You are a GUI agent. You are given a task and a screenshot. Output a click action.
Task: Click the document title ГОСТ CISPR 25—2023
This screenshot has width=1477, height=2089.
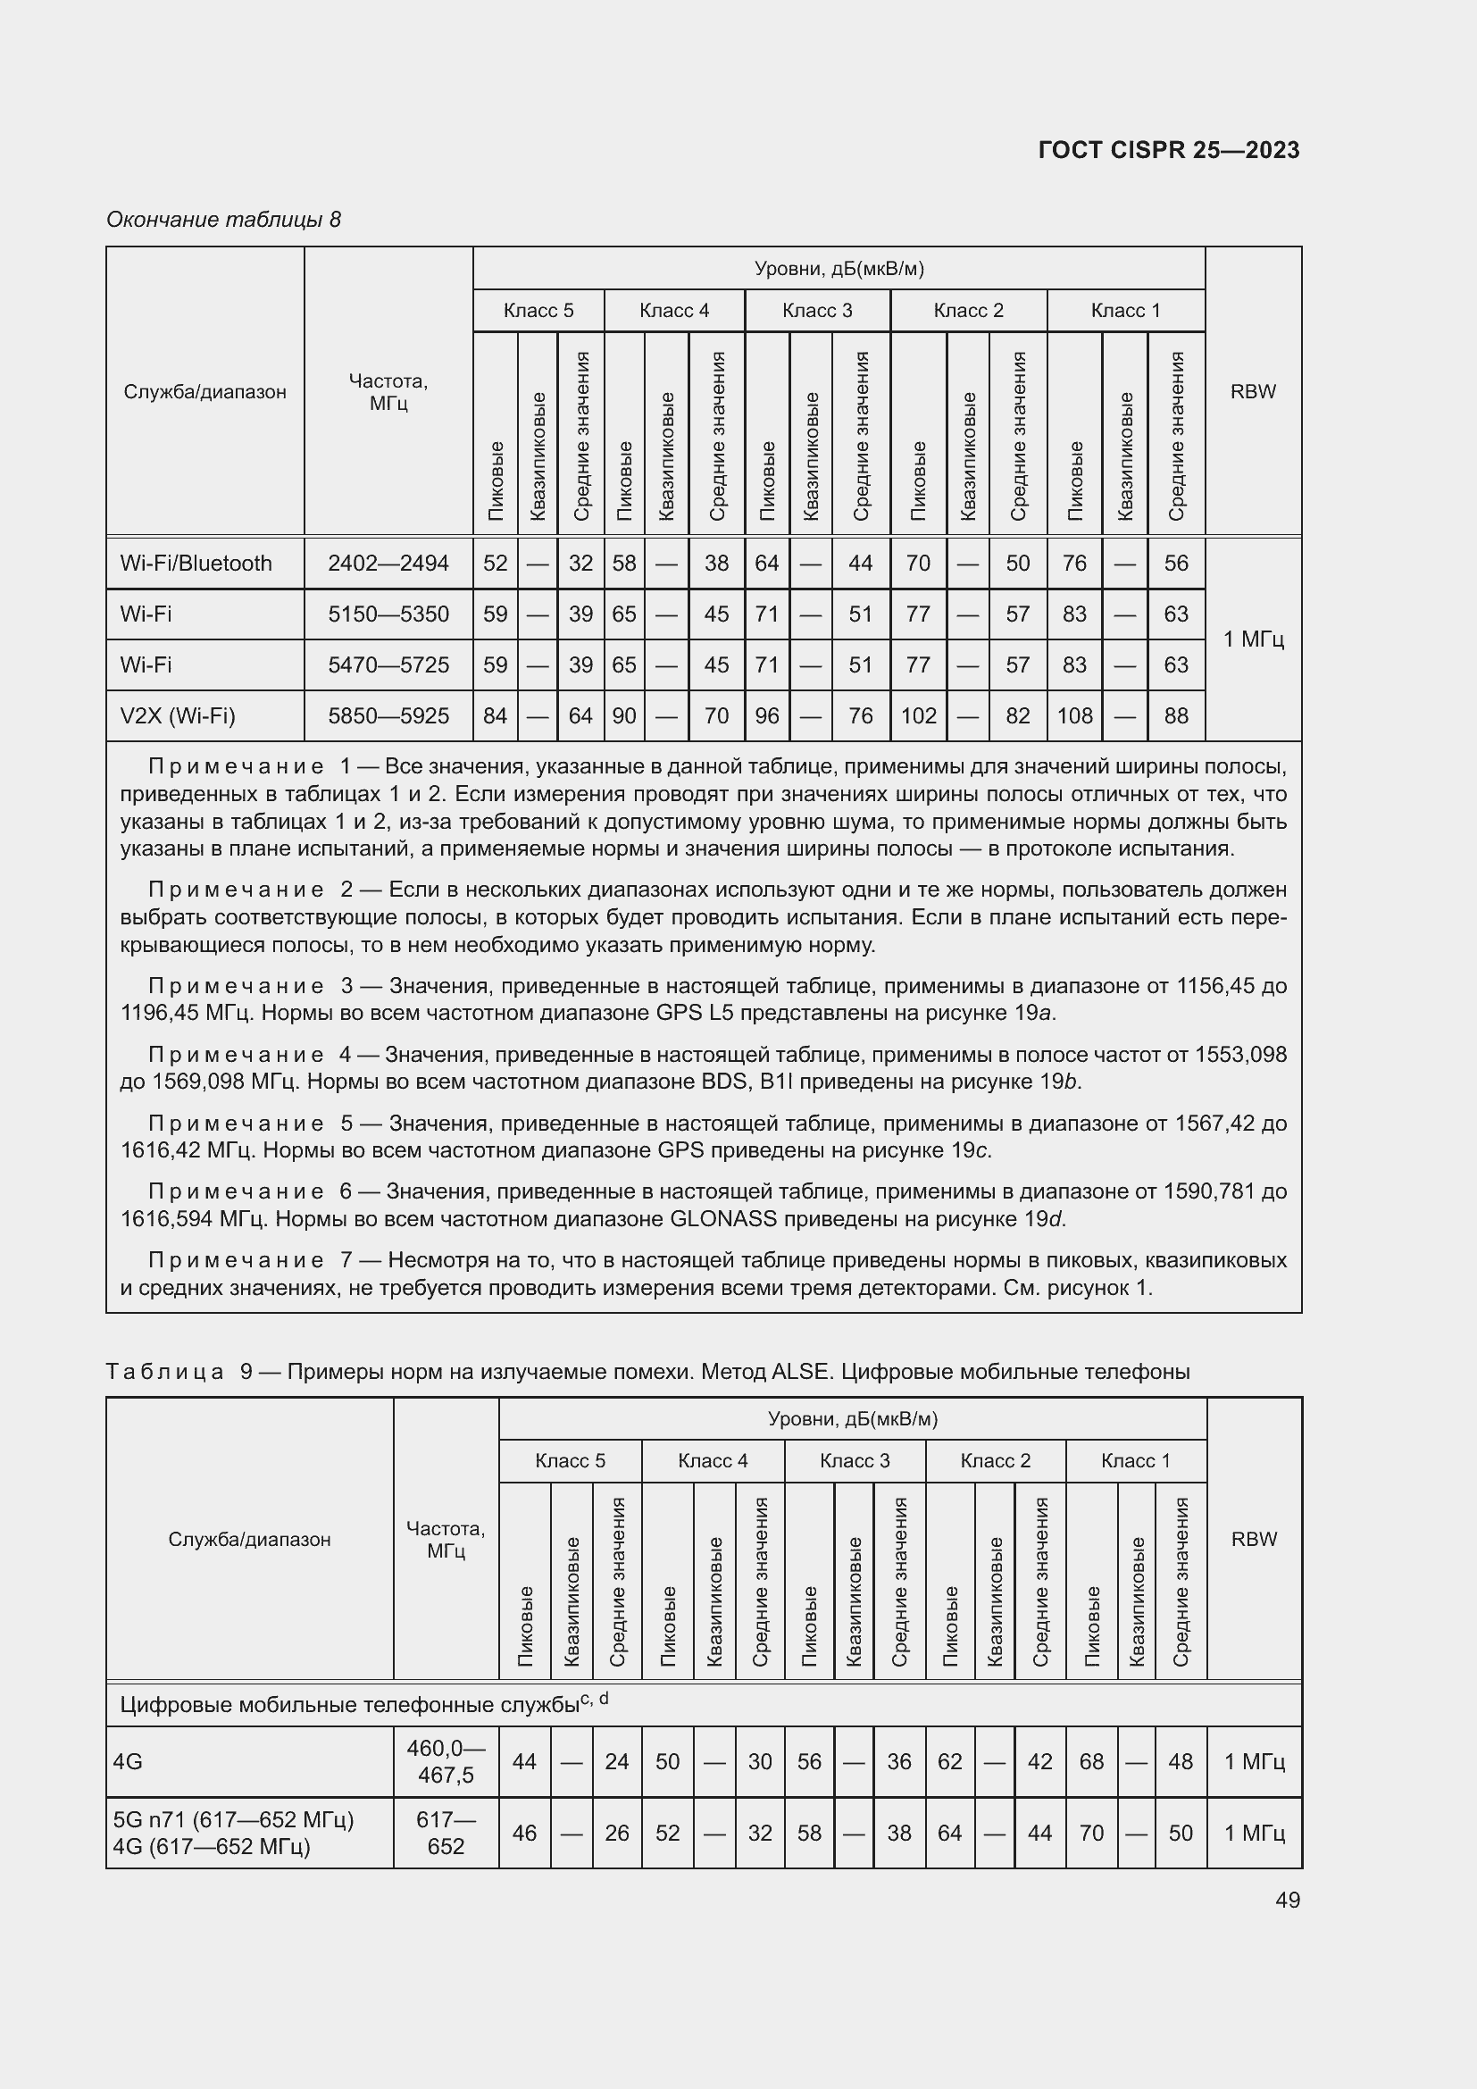click(1168, 150)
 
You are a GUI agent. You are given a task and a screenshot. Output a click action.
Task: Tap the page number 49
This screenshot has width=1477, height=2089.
click(1287, 1900)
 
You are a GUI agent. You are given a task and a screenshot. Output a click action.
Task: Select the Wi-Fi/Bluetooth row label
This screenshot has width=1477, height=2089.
click(196, 564)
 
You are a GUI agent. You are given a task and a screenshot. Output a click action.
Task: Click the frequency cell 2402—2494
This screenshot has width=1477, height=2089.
click(388, 564)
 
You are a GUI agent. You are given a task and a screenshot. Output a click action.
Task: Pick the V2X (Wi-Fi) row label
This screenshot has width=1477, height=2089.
click(178, 716)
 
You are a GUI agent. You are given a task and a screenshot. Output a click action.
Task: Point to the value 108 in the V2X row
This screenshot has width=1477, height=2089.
click(1074, 716)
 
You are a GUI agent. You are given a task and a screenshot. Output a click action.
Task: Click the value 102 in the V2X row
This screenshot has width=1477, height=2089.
click(919, 716)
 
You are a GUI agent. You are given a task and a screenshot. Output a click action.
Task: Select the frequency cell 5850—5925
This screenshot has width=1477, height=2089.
click(388, 716)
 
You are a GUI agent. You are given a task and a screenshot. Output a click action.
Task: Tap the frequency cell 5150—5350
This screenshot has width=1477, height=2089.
click(388, 614)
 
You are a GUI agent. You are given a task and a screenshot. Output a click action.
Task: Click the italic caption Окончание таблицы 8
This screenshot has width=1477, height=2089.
click(224, 220)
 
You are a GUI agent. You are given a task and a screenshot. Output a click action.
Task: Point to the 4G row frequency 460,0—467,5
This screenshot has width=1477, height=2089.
click(446, 1761)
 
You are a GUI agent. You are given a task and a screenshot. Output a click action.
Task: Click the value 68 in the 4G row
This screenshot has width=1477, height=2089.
click(1091, 1761)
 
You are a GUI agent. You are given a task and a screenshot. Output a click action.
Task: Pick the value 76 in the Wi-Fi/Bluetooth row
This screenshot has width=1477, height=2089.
click(1074, 564)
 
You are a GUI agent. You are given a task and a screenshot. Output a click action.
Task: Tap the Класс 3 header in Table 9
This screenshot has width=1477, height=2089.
click(854, 1460)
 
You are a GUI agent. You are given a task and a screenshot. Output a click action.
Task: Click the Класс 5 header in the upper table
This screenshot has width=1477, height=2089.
click(538, 310)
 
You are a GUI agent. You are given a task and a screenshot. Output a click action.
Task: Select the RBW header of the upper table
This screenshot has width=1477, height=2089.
click(1252, 391)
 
